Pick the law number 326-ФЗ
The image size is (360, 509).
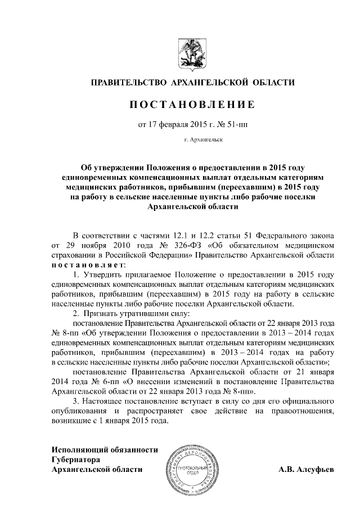(174, 245)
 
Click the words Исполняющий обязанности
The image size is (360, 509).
(105, 450)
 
